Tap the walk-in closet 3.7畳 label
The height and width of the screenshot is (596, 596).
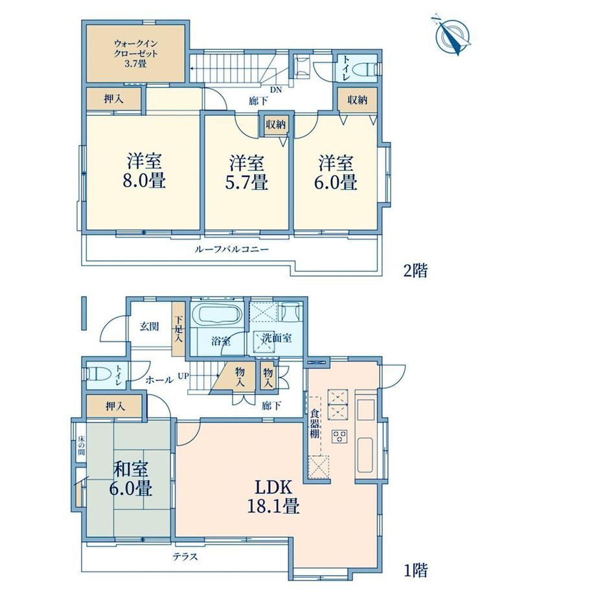point(135,54)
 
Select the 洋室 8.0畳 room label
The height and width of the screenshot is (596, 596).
point(144,171)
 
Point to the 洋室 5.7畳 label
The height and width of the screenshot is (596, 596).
point(246,172)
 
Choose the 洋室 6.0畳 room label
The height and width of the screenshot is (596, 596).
point(336,172)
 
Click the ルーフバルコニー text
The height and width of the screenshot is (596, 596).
point(231,249)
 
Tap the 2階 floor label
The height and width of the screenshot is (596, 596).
point(415,270)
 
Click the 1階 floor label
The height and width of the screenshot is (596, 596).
point(415,570)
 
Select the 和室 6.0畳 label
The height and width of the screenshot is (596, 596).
point(131,479)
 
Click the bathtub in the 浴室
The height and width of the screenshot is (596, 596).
point(216,315)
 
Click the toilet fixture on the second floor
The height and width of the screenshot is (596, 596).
point(365,69)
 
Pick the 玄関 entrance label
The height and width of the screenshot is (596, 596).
point(149,327)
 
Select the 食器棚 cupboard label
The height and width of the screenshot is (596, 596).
point(314,424)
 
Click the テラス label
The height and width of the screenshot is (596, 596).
point(185,557)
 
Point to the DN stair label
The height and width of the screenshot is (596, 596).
point(276,90)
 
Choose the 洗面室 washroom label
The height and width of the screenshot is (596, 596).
point(277,338)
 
